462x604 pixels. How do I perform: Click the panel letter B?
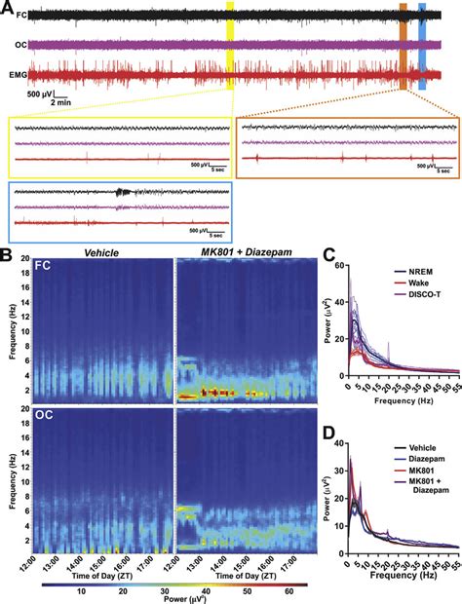(7, 255)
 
